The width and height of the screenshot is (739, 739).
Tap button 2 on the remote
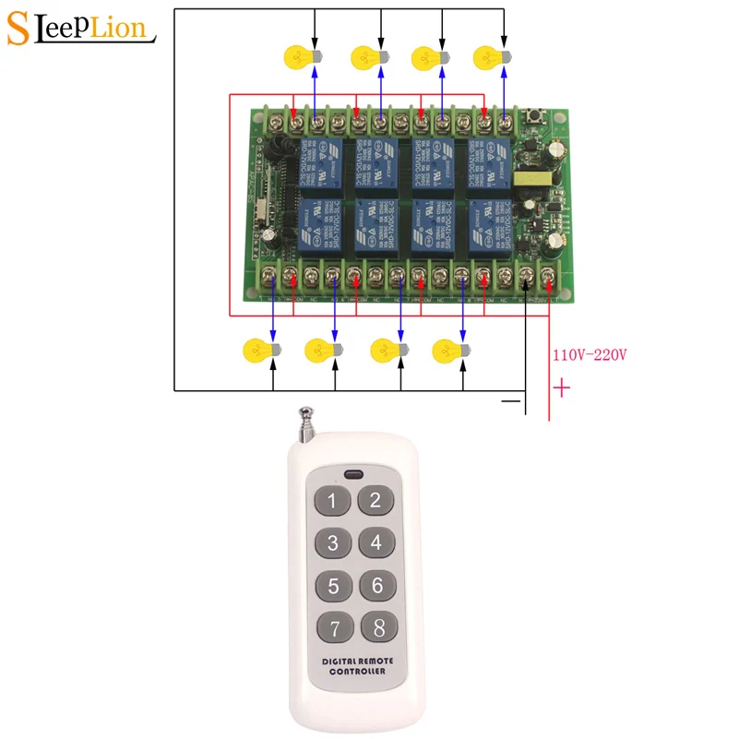coord(375,501)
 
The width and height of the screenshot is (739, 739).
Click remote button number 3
coord(333,542)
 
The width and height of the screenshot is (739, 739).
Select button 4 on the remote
coord(375,542)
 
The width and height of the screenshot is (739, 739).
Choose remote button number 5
coord(333,585)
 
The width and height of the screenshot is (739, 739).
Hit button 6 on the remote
coord(375,585)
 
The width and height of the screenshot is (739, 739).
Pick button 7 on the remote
coord(333,627)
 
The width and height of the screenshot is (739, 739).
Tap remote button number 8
coord(375,627)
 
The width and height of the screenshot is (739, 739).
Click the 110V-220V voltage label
coord(590,354)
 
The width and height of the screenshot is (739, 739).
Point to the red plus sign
coord(560,388)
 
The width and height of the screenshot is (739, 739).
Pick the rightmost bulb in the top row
coord(489,57)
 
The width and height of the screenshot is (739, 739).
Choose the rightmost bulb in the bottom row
coord(450,350)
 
